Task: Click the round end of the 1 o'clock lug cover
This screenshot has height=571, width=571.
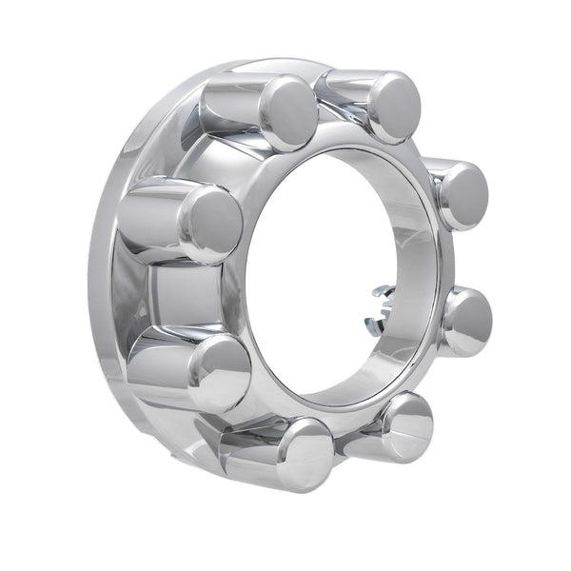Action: click(x=393, y=107)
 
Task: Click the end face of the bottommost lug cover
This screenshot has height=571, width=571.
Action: click(x=303, y=454)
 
